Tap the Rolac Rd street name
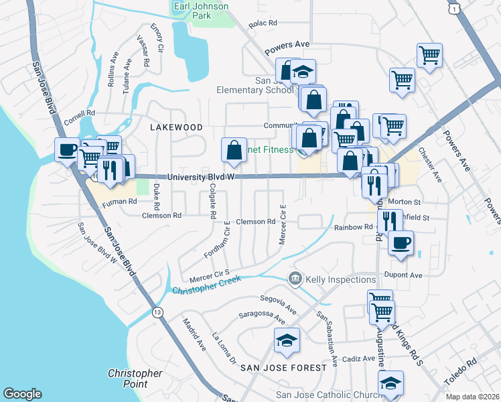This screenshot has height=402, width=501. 263,23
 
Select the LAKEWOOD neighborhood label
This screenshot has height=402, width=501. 176,127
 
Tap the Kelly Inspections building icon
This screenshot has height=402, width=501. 295,278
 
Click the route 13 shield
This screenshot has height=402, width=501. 157,312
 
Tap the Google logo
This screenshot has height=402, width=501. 22,394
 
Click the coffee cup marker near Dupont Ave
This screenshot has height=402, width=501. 401,243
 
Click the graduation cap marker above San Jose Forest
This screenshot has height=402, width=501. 287,340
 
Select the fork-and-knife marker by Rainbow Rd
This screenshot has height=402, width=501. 389,220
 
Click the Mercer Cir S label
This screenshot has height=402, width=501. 210,275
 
